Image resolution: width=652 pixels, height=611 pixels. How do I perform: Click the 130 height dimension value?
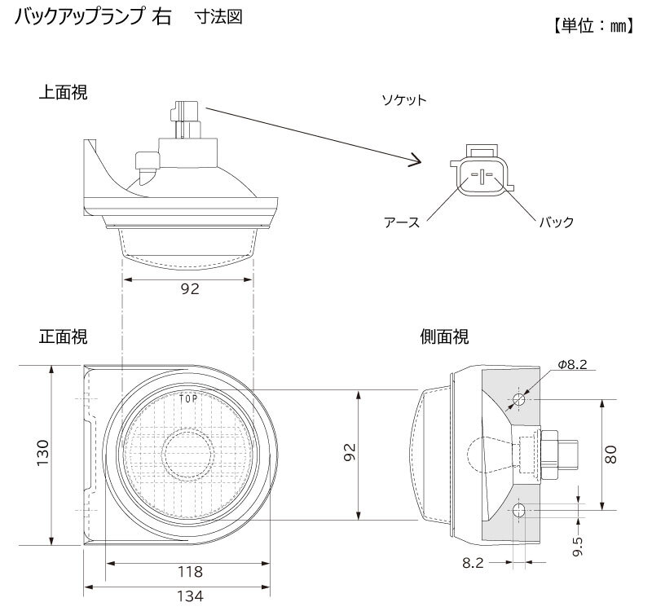pyautogui.click(x=43, y=453)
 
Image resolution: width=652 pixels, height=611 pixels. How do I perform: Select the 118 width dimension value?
pyautogui.click(x=190, y=572)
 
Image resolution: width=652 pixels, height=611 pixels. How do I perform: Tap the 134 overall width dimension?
pyautogui.click(x=190, y=596)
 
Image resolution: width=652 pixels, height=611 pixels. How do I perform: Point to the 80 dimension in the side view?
pyautogui.click(x=610, y=455)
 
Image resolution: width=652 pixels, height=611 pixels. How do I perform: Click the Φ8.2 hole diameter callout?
pyautogui.click(x=572, y=364)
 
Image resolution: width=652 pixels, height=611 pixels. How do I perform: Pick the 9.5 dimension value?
pyautogui.click(x=578, y=546)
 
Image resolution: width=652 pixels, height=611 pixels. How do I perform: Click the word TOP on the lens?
pyautogui.click(x=188, y=399)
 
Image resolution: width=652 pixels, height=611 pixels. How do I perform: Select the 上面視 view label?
pyautogui.click(x=64, y=92)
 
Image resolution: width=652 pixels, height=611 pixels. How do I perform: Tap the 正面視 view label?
pyautogui.click(x=64, y=336)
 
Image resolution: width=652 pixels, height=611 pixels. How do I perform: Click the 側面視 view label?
pyautogui.click(x=444, y=336)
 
